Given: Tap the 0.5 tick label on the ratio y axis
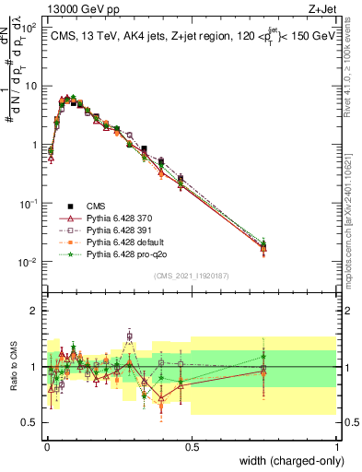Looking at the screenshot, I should [29, 422].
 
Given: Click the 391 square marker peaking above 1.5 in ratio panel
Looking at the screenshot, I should [130, 336].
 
